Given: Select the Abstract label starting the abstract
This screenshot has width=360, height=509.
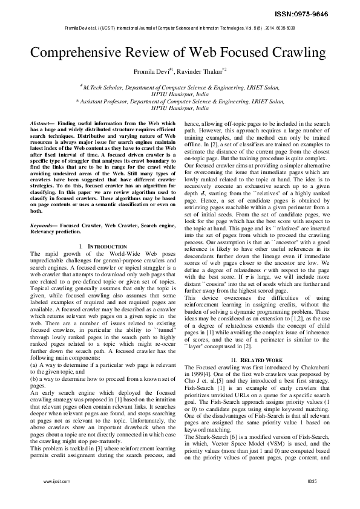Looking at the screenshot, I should [x=41, y=123].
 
